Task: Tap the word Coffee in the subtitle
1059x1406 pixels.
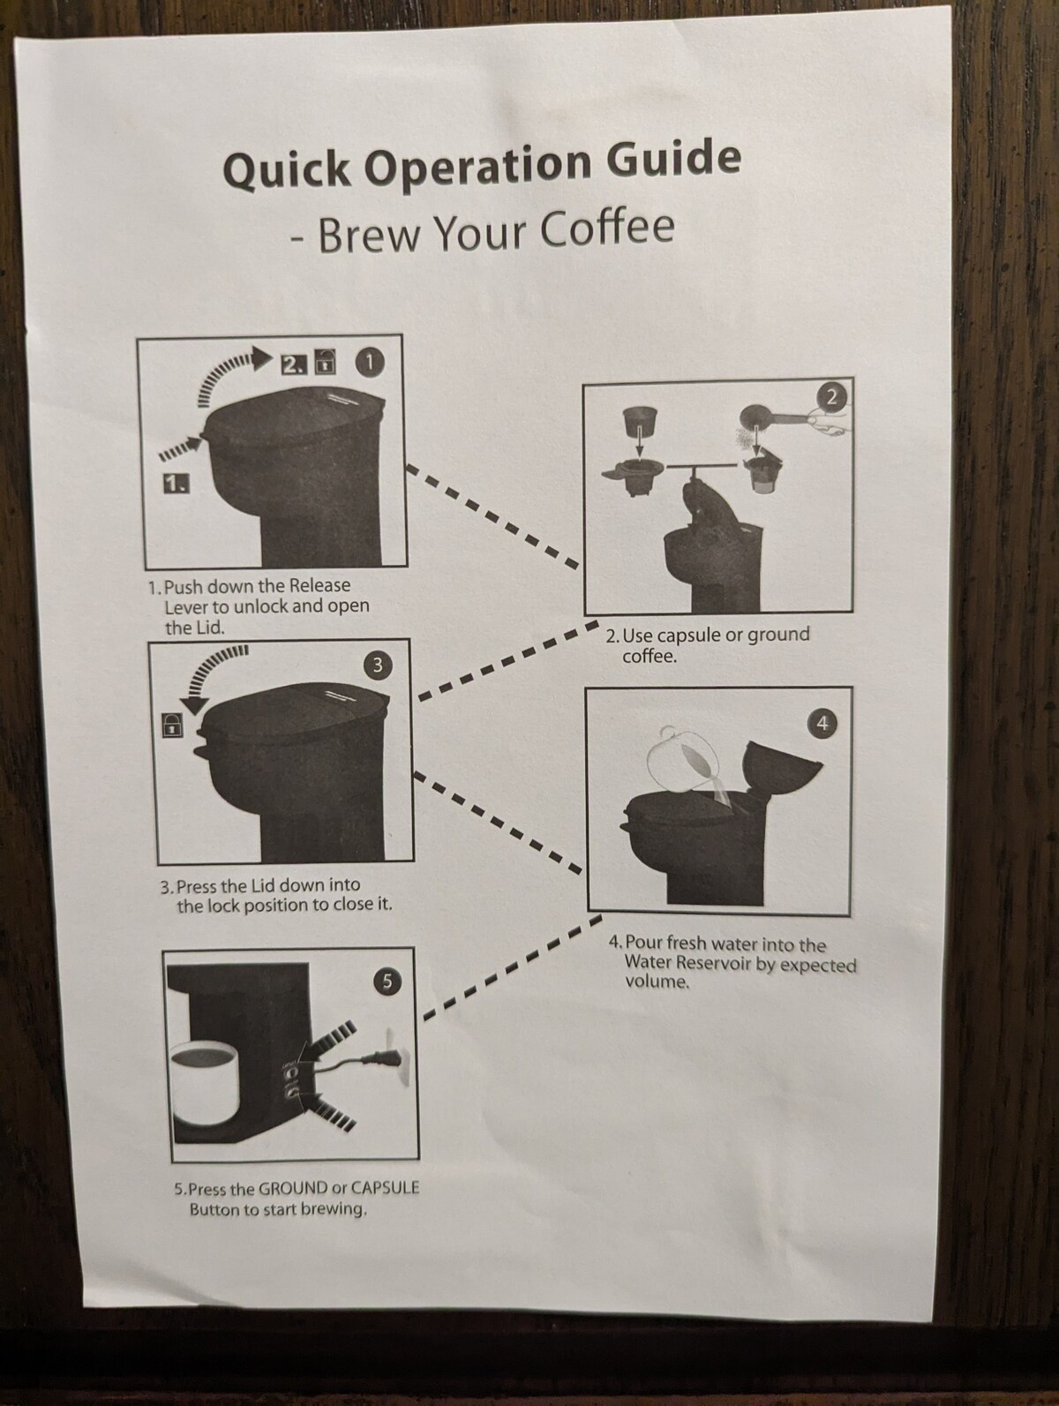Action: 606,229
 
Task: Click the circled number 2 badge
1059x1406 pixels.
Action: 830,398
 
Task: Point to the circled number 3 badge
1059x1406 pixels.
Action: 378,665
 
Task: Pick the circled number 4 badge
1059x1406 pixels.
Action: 822,723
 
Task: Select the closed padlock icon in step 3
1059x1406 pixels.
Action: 171,726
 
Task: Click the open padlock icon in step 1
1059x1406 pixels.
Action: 327,363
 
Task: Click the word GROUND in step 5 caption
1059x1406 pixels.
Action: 292,1188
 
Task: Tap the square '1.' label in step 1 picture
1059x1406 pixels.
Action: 176,484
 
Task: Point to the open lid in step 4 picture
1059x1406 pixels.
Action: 780,765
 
